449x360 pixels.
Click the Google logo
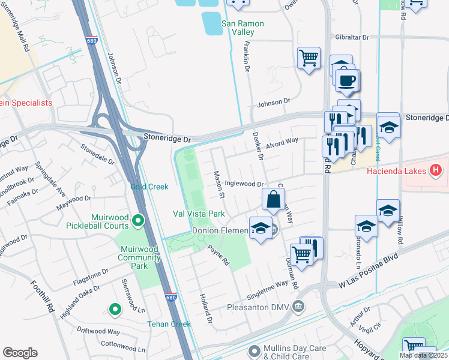point(20,353)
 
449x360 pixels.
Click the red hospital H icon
point(436,172)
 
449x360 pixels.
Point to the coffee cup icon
point(348,80)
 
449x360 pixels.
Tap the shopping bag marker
point(273,200)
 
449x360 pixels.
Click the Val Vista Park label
point(199,214)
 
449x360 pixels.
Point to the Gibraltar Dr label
point(352,37)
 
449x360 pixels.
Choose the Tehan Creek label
point(169,324)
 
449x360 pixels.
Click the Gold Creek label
point(149,187)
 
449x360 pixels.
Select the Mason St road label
point(218,184)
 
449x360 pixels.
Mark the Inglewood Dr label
point(244,184)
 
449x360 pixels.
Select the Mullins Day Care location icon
point(255,350)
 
